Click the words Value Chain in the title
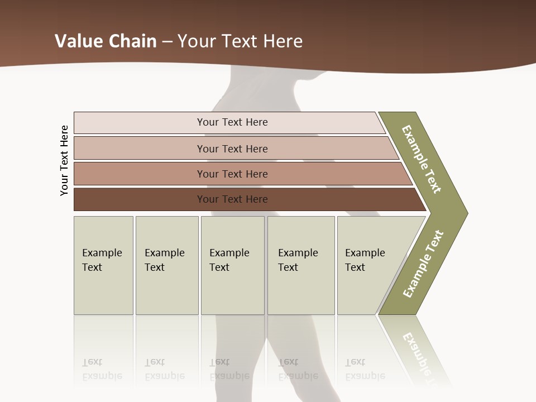(106, 41)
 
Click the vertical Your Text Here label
(64, 160)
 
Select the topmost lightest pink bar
(140, 123)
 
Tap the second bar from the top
(140, 149)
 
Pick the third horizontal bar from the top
(140, 174)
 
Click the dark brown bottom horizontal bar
(140, 199)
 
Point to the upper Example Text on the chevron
(422, 159)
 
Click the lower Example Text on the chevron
(423, 264)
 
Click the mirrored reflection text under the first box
(102, 369)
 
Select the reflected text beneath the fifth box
(365, 369)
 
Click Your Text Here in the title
(240, 41)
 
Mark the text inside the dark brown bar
(232, 199)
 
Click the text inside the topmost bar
(232, 122)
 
